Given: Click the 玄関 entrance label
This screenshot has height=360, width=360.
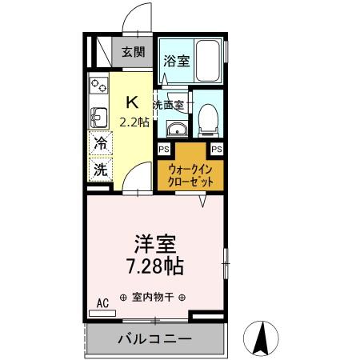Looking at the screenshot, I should point(133,54).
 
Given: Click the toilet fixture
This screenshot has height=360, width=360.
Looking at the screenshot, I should point(208,117).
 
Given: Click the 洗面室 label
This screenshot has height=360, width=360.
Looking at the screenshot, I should point(170,105).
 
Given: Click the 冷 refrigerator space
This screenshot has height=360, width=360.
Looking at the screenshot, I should point(101,144).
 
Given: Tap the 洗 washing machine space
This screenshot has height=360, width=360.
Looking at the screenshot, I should point(101,169).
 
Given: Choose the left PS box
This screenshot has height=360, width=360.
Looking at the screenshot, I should point(164,150).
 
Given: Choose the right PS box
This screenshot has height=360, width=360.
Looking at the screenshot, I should point(216,150).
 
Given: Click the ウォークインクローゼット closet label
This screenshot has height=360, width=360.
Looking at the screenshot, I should point(190,175).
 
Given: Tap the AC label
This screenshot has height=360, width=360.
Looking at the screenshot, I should point(102,302).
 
